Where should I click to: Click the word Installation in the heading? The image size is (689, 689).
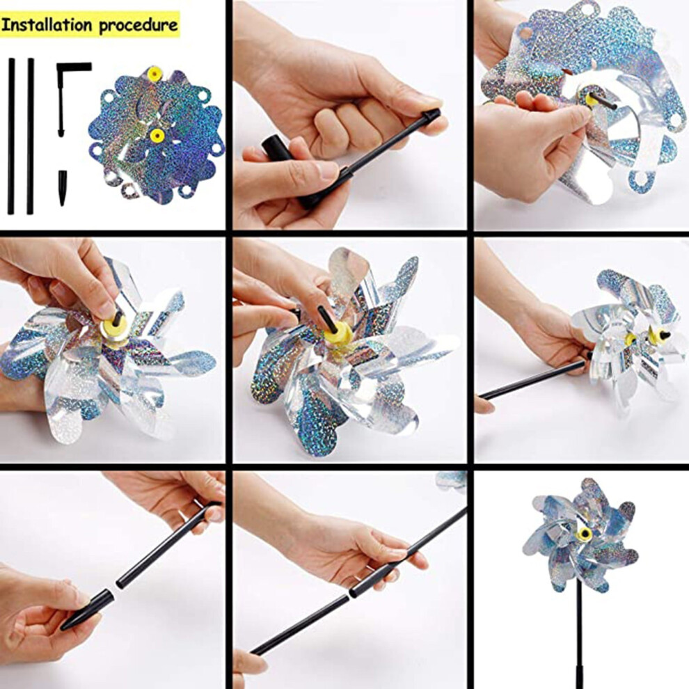pos(47,24)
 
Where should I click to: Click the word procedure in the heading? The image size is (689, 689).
pos(138,26)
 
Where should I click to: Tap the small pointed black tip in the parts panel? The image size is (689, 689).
pos(63,188)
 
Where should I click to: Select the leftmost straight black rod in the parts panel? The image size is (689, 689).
pos(11,136)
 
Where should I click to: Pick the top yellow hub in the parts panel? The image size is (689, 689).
pos(155,72)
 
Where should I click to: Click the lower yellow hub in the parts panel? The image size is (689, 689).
pos(157,135)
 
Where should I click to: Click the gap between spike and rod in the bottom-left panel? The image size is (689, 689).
pos(116,590)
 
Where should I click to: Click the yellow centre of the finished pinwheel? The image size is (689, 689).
pos(585,534)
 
